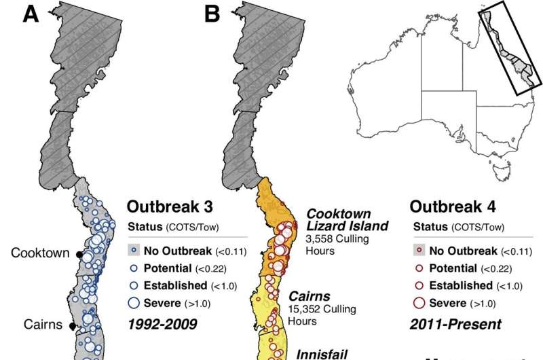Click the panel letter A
coord(32,14)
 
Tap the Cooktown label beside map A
coord(40,253)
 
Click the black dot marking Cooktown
coord(79,254)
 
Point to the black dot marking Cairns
coord(73,327)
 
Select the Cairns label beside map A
coord(45,324)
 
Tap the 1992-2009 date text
coord(163,323)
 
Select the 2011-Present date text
coord(455,323)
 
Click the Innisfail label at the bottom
coord(322,354)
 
